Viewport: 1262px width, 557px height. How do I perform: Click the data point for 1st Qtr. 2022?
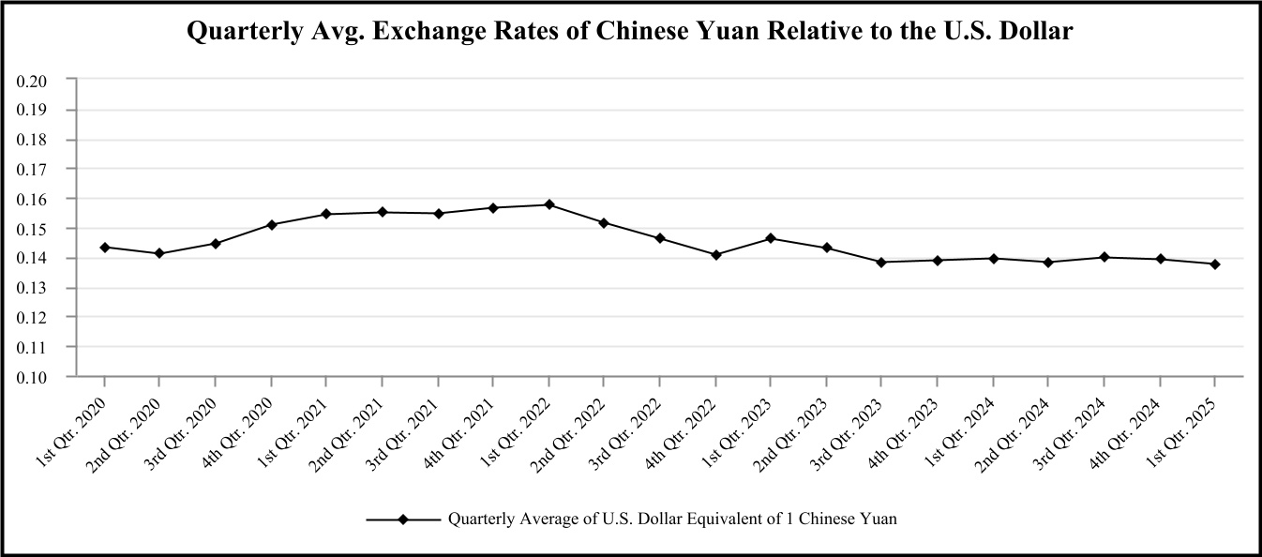[549, 204]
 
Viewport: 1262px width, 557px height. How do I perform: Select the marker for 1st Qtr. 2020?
[104, 248]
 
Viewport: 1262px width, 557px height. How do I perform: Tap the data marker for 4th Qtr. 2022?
[715, 254]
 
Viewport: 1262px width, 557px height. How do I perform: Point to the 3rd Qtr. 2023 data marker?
[881, 262]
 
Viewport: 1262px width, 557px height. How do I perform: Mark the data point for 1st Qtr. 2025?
[1215, 264]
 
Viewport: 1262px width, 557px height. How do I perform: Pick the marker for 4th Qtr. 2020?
[271, 224]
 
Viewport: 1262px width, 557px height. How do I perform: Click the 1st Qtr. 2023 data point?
[771, 238]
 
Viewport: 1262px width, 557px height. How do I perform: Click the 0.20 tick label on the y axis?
[32, 81]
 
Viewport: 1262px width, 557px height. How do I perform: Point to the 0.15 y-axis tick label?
[32, 229]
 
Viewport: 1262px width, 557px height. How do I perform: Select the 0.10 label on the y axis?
[32, 377]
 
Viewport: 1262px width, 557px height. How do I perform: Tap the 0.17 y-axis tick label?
[32, 170]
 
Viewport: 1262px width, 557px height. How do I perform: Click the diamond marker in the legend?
[403, 519]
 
